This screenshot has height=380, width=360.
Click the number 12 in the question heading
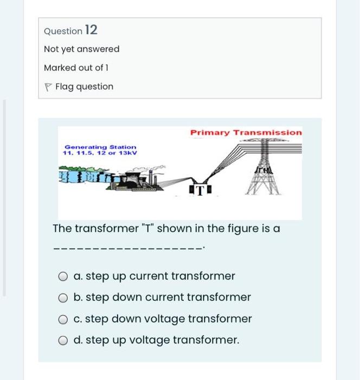pyautogui.click(x=91, y=30)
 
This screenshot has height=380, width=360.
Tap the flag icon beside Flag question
pyautogui.click(x=48, y=87)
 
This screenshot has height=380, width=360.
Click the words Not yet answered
pyautogui.click(x=81, y=49)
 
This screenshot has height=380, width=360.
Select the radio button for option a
pyautogui.click(x=63, y=276)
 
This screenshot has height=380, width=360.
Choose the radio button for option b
pyautogui.click(x=63, y=298)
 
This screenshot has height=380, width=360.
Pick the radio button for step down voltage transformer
pyautogui.click(x=63, y=319)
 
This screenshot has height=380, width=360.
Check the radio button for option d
pyautogui.click(x=63, y=340)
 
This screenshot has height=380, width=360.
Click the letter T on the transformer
pyautogui.click(x=200, y=191)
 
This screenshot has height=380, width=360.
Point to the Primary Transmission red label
pyautogui.click(x=246, y=132)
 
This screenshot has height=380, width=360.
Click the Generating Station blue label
pyautogui.click(x=100, y=147)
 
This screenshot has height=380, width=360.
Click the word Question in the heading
pyautogui.click(x=63, y=31)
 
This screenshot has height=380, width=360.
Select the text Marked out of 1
pyautogui.click(x=76, y=68)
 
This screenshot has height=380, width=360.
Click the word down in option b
pyautogui.click(x=127, y=297)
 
